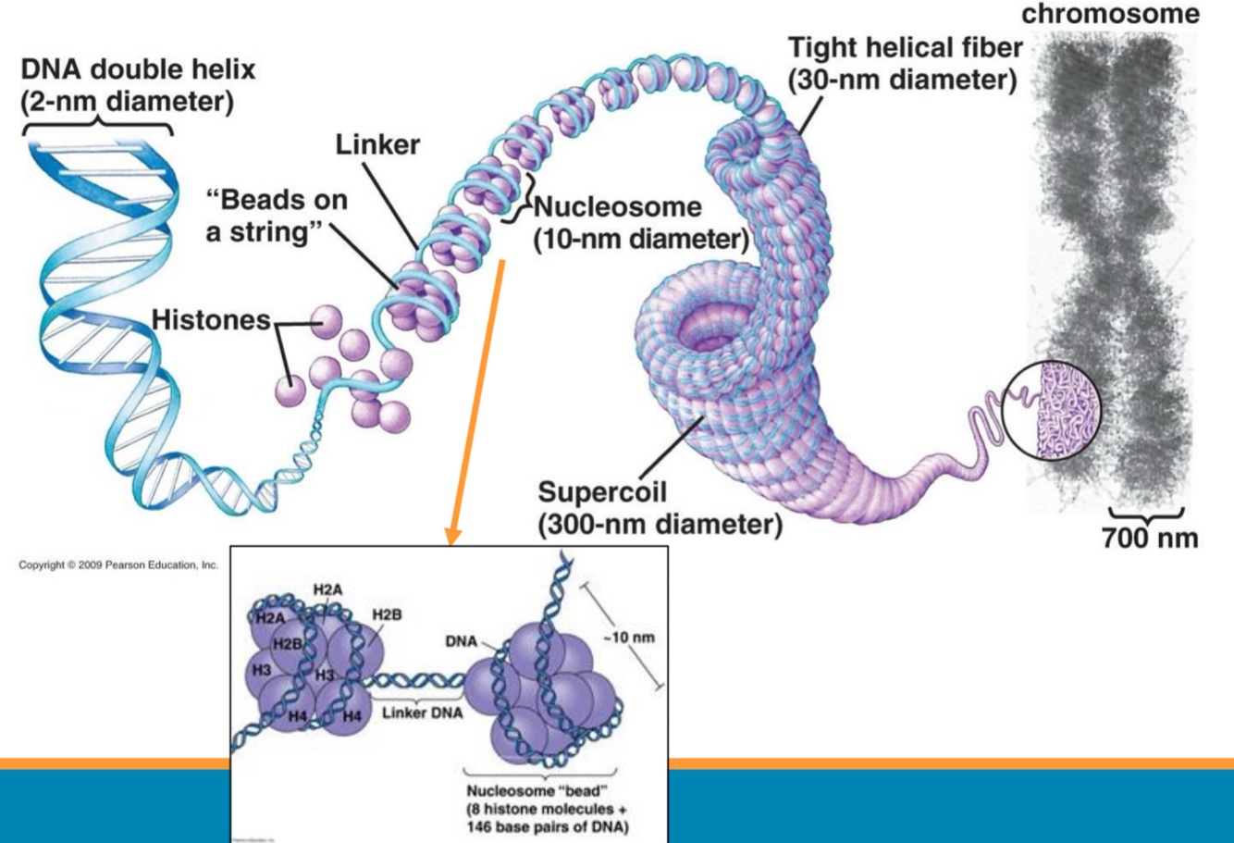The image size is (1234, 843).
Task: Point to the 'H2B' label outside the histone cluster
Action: point(387,614)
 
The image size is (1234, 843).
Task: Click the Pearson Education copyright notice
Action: point(116,564)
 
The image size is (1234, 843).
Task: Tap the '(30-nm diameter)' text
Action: point(902,81)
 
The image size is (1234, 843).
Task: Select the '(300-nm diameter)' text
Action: point(660,525)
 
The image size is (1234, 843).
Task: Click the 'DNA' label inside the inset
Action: point(461,638)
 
